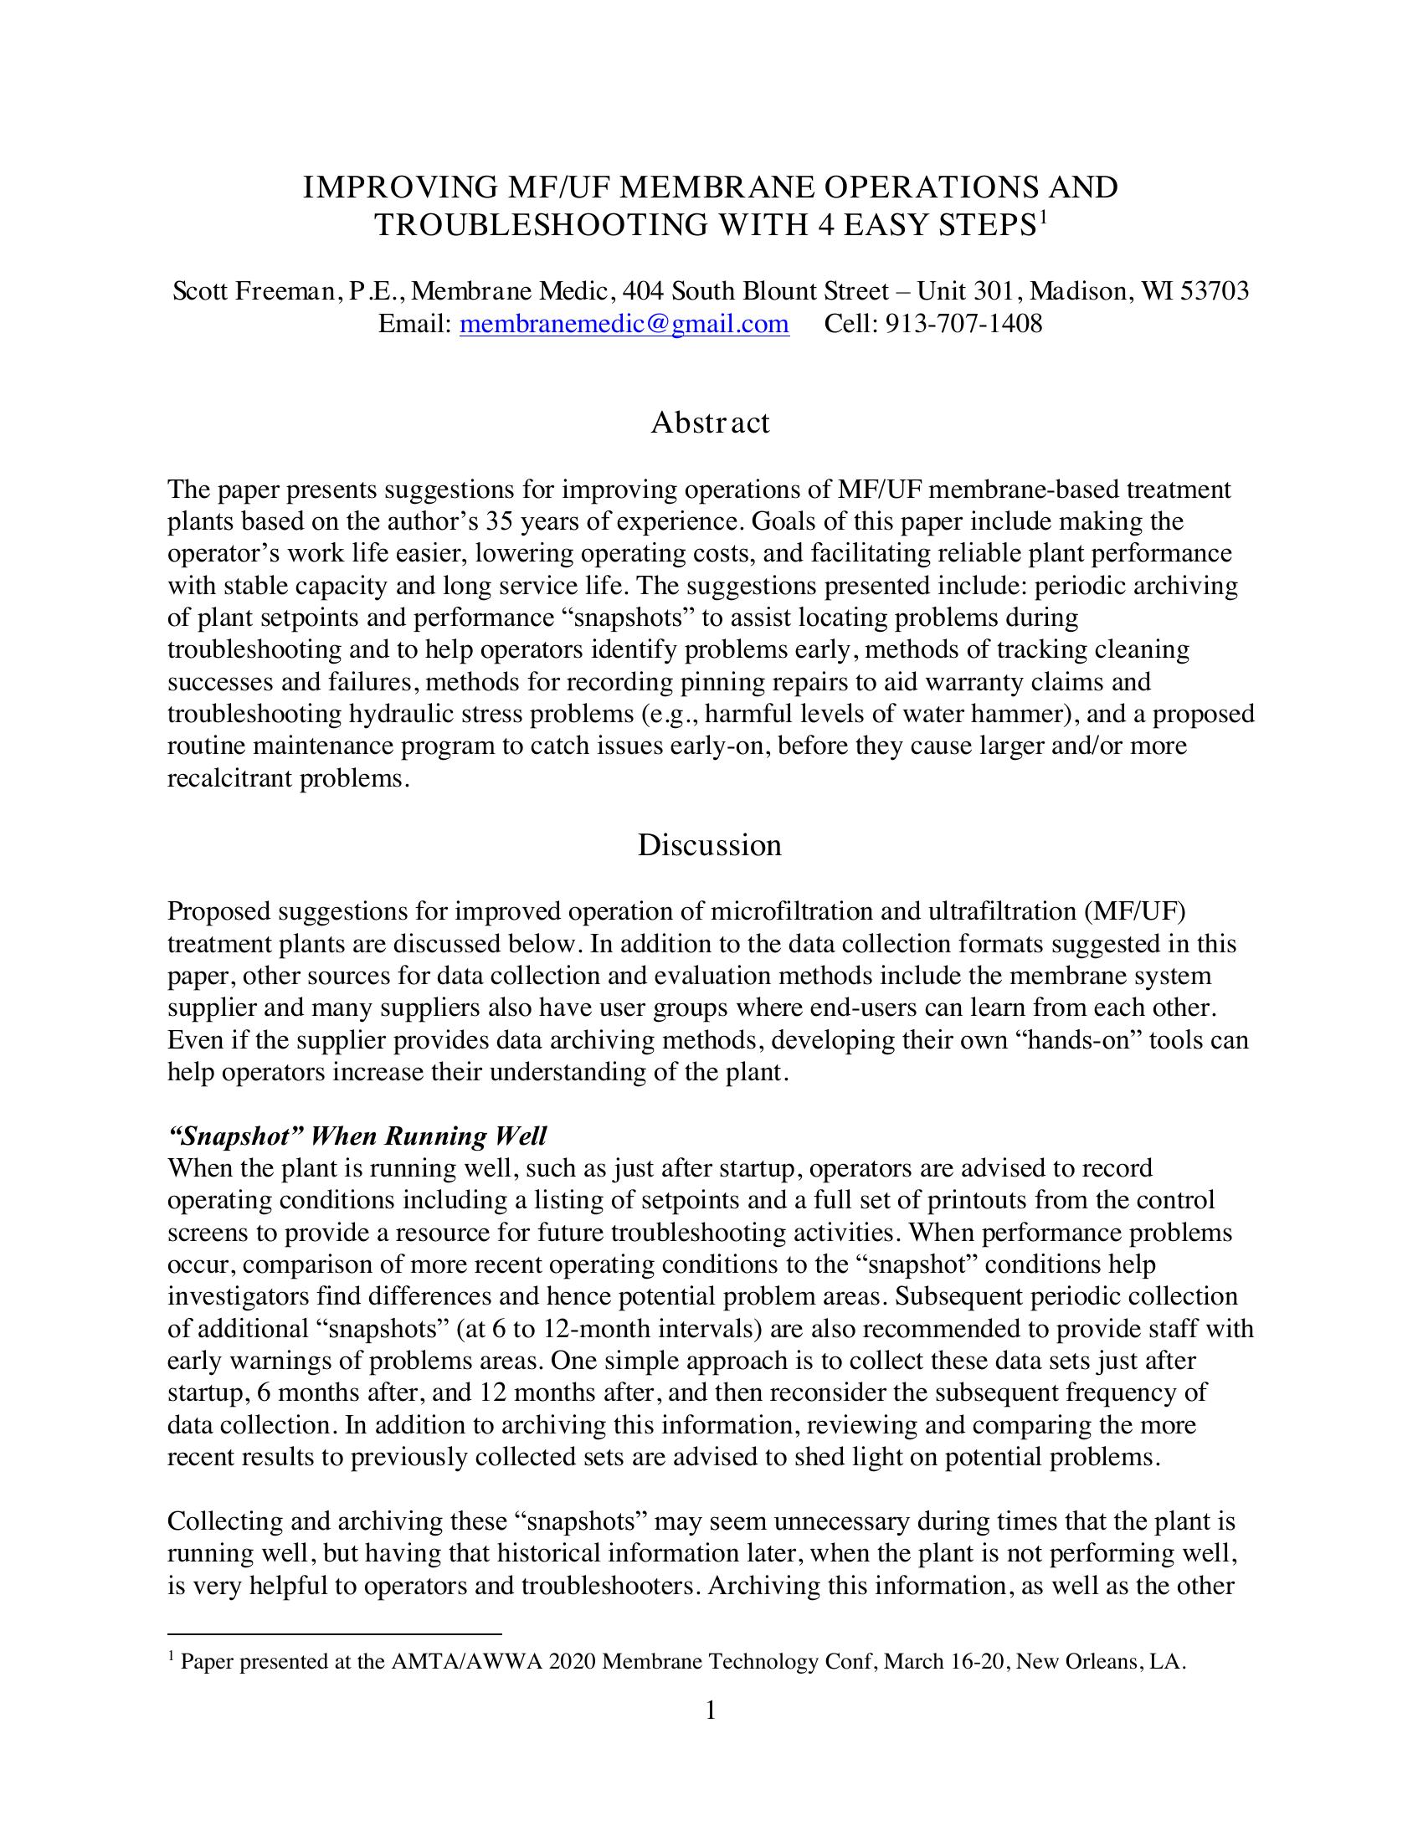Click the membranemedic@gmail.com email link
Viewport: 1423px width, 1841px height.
coord(624,324)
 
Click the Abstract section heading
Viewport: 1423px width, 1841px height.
coord(710,423)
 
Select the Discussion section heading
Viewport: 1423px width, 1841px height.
coord(710,844)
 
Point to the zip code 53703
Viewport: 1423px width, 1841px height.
coord(1215,292)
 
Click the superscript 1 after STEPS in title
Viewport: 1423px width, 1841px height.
coord(1041,218)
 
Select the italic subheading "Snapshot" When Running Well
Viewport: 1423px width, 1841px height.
coord(357,1136)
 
